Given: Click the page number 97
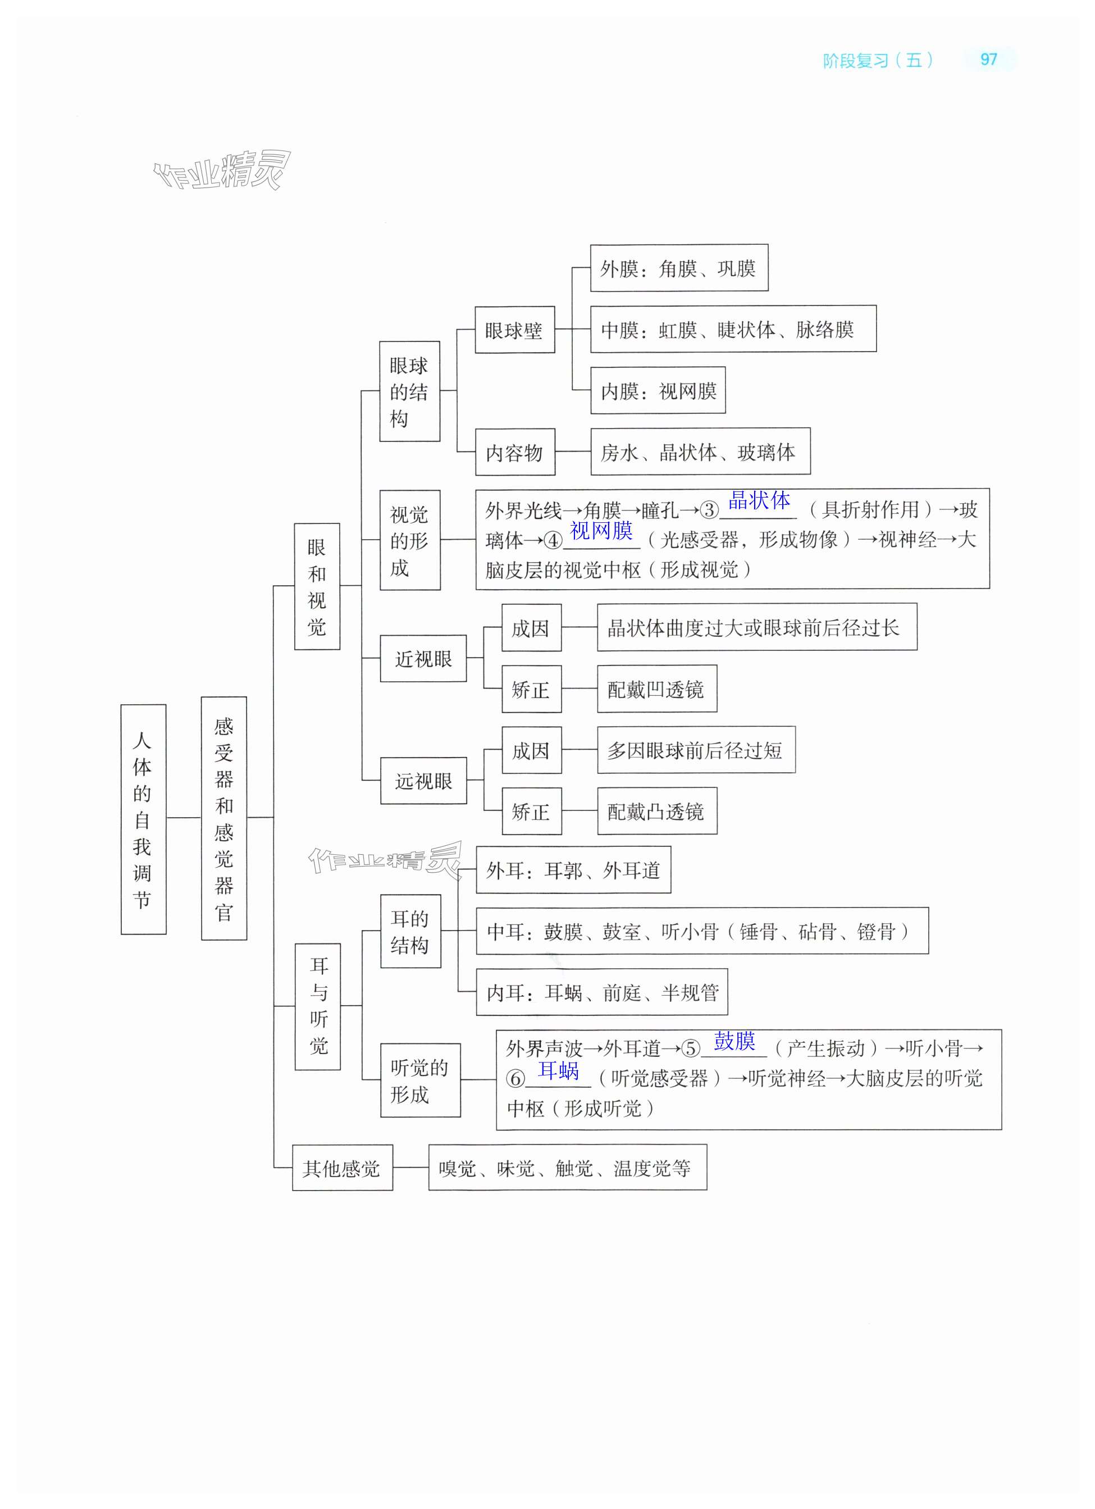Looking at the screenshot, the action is click(988, 60).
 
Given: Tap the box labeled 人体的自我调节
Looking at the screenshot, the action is click(143, 819).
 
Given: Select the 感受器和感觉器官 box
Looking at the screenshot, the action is click(223, 818).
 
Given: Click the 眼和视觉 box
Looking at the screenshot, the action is click(317, 586).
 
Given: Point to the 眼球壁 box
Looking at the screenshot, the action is click(514, 330).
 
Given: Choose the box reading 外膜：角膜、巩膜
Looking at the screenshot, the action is click(678, 268).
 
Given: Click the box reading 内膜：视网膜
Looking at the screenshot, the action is click(657, 390).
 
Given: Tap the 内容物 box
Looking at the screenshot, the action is click(514, 453).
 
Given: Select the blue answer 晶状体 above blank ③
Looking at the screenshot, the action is click(759, 500).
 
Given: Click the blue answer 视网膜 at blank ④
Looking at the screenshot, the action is click(601, 530).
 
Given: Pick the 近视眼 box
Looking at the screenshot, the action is click(423, 659).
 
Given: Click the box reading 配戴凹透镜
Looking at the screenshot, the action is click(656, 689).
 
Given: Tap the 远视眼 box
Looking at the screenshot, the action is click(423, 781).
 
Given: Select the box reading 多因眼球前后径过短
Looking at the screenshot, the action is click(695, 750).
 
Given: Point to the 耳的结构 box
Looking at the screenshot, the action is click(410, 932).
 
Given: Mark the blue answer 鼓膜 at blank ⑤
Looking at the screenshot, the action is click(734, 1040).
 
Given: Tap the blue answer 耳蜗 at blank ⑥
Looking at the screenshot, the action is click(558, 1070).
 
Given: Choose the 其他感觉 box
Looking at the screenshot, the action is click(342, 1168).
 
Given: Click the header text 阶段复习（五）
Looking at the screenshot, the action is click(878, 61).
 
